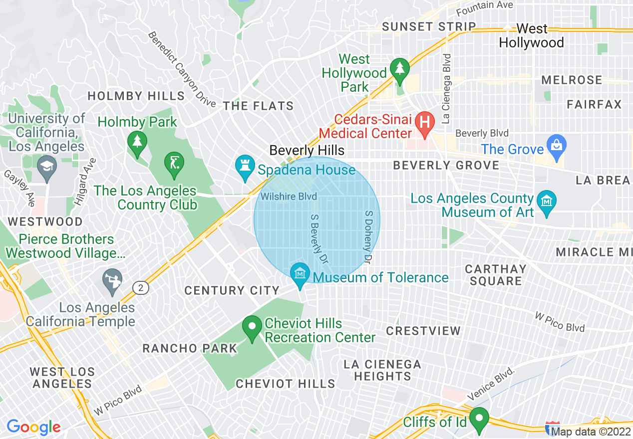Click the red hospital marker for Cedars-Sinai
425,122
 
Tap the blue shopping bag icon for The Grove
556,146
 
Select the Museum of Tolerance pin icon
300,274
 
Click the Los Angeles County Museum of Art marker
547,202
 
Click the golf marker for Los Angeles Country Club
174,163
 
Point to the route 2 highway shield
141,287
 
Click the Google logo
33,427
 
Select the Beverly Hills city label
307,150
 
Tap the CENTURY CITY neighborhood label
232,290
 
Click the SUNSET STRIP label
429,27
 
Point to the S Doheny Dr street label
368,236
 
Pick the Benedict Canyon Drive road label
182,69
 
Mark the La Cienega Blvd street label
446,89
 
